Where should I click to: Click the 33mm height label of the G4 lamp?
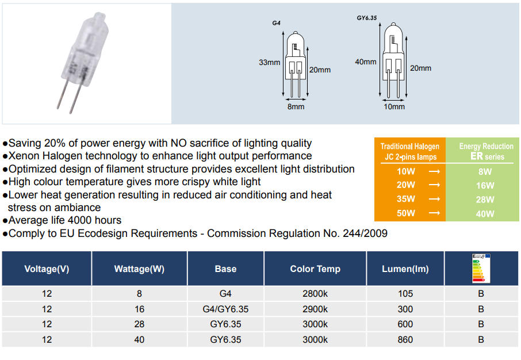click(x=270, y=62)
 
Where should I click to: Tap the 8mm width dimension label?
click(x=296, y=107)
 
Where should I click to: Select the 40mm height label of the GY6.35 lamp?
click(x=366, y=62)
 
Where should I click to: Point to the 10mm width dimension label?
click(x=394, y=107)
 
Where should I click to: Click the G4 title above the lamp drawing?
click(x=276, y=23)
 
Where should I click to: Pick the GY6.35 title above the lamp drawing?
click(x=367, y=18)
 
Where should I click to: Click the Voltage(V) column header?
click(x=47, y=269)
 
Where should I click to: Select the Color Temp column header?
click(x=315, y=269)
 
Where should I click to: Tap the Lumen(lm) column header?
click(x=405, y=269)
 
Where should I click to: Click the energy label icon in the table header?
click(x=481, y=268)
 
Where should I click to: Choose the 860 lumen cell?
click(x=405, y=340)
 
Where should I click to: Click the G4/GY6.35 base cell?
click(x=225, y=309)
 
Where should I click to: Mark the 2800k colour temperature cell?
click(x=315, y=294)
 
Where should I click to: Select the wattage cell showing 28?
click(x=139, y=324)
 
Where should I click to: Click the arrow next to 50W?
click(x=434, y=213)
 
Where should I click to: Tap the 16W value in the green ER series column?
click(x=485, y=186)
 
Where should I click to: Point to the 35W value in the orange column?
click(x=406, y=199)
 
